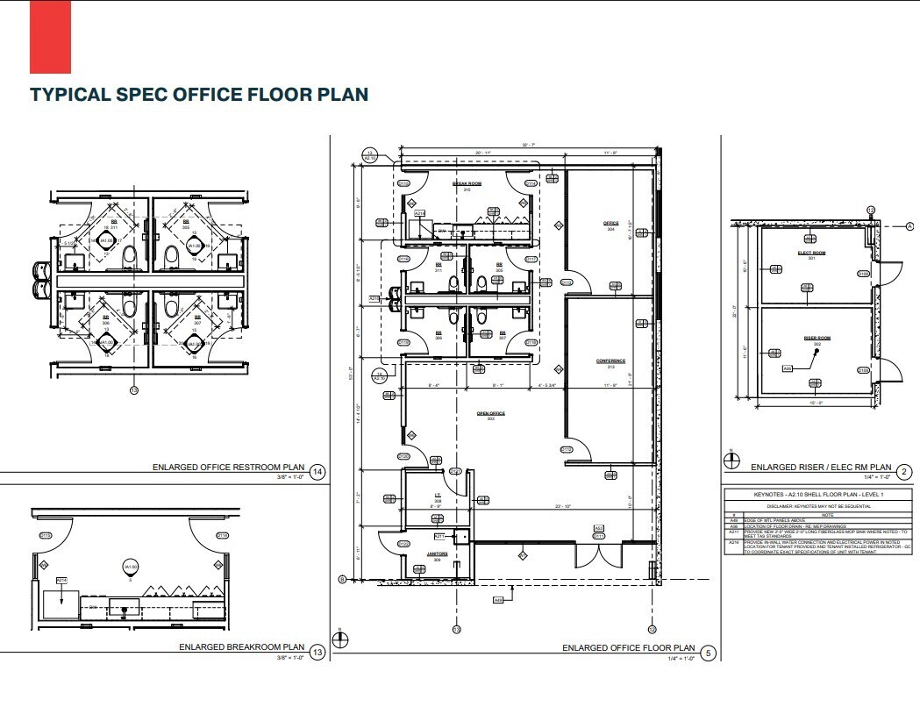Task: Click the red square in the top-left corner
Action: click(50, 37)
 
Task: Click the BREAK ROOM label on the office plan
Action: click(467, 183)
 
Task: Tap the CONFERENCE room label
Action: click(610, 361)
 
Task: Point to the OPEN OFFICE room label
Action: click(491, 413)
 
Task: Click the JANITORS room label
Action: click(438, 553)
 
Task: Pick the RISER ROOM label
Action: click(817, 338)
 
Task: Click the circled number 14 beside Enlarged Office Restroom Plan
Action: click(317, 472)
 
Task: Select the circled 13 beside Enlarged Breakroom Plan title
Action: click(317, 652)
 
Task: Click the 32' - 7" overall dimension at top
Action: click(526, 144)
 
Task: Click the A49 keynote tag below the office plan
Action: click(497, 600)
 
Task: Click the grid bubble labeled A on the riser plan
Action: click(911, 225)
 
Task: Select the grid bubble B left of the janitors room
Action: click(343, 580)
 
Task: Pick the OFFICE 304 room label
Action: click(610, 225)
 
